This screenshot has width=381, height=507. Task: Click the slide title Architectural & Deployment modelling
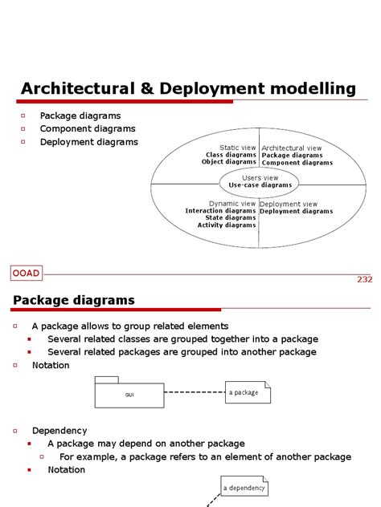click(x=187, y=87)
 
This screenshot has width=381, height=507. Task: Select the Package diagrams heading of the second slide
click(x=74, y=300)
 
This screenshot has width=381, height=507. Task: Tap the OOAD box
click(x=27, y=274)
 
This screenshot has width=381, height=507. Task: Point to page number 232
click(x=364, y=279)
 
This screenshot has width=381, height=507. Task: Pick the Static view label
click(x=238, y=148)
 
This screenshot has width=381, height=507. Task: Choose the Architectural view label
click(x=291, y=148)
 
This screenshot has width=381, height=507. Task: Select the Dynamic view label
click(x=232, y=204)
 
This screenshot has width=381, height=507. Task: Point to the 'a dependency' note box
click(x=244, y=487)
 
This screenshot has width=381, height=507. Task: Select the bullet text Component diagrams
click(x=88, y=128)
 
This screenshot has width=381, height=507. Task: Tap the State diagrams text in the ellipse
click(x=230, y=217)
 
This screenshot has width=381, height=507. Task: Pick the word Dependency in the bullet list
click(x=59, y=431)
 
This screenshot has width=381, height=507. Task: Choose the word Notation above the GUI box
click(x=51, y=365)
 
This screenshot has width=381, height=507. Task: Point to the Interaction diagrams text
click(x=220, y=211)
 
